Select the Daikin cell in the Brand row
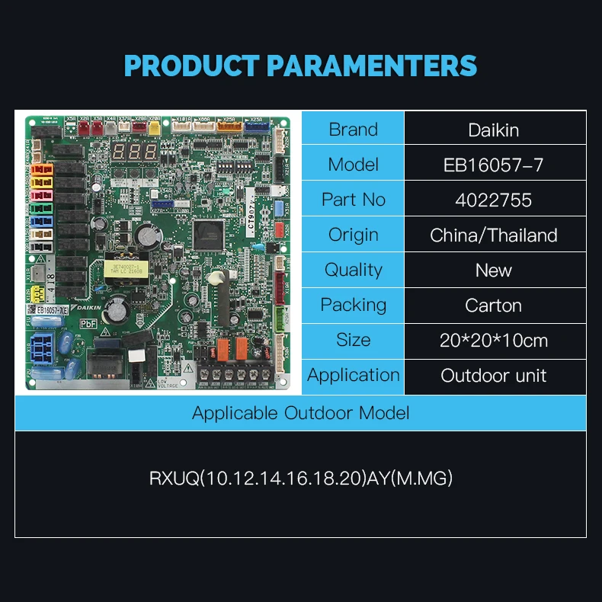[494, 130]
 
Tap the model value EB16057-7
[494, 165]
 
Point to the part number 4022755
[494, 200]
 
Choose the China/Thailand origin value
[494, 235]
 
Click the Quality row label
[353, 270]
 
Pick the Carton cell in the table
[494, 305]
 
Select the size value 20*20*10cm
[494, 340]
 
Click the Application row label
[353, 375]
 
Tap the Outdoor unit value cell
[494, 375]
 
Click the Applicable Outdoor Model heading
[300, 413]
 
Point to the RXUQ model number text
[300, 479]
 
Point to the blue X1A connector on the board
[43, 347]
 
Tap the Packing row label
[353, 305]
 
